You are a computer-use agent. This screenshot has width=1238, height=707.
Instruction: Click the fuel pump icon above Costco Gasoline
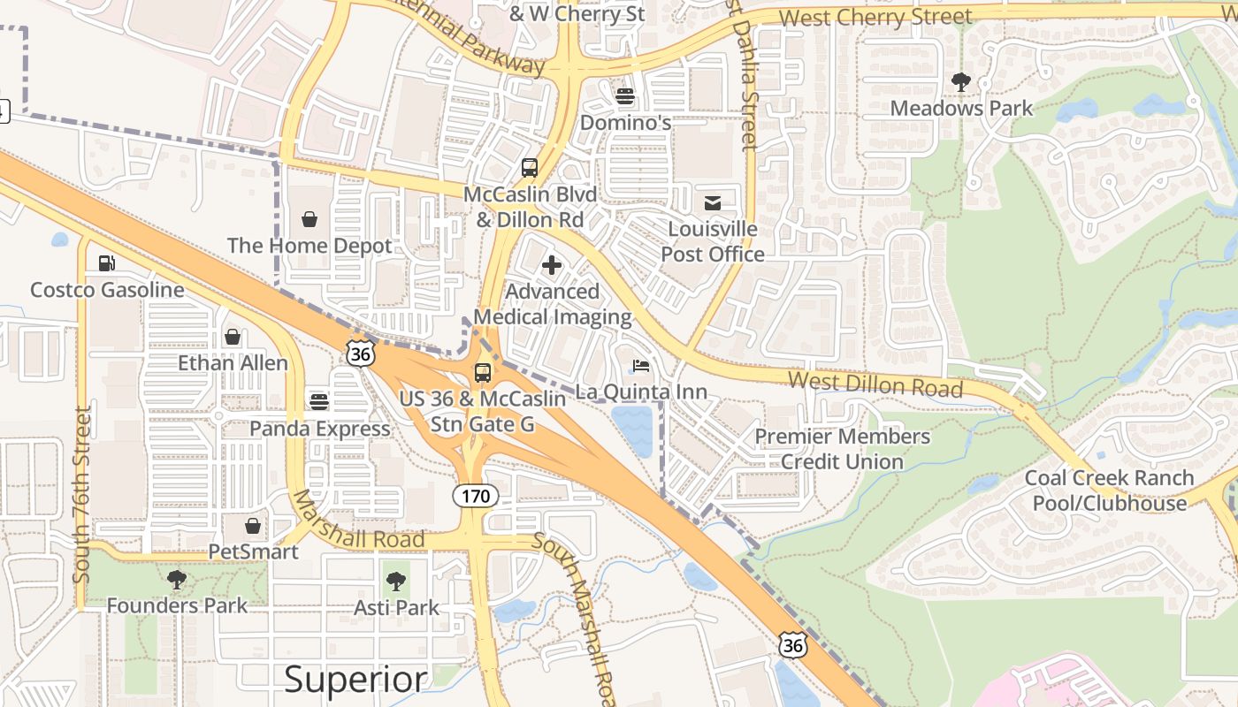[x=106, y=262]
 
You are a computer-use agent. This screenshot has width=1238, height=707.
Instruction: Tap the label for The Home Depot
[x=309, y=246]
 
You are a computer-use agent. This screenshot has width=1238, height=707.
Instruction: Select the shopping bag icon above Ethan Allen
[x=233, y=337]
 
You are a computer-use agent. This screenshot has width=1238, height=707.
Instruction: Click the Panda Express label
[x=319, y=429]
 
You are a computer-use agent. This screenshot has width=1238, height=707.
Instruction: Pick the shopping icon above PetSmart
[x=253, y=526]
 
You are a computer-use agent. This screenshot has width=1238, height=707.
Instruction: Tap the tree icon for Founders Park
[x=177, y=580]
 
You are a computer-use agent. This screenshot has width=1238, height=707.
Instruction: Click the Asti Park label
[x=396, y=607]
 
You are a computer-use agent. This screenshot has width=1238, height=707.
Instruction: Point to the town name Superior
[x=355, y=679]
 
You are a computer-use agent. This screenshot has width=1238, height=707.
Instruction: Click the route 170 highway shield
[x=476, y=496]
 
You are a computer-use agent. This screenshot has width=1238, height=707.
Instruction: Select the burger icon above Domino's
[x=625, y=95]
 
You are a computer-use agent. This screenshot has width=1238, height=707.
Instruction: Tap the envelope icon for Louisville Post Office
[x=713, y=203]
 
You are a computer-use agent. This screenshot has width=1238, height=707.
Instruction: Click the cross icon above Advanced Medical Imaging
[x=552, y=265]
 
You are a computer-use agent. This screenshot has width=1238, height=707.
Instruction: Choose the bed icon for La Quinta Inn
[x=641, y=366]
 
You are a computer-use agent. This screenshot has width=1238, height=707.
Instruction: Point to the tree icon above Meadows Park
[x=961, y=82]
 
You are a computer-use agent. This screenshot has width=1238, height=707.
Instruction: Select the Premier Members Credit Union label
[x=842, y=449]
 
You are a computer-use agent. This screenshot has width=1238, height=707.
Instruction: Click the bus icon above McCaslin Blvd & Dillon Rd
[x=529, y=168]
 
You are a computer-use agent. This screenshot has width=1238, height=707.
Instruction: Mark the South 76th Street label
[x=82, y=494]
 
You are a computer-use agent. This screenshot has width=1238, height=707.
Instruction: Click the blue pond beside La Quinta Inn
[x=633, y=429]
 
